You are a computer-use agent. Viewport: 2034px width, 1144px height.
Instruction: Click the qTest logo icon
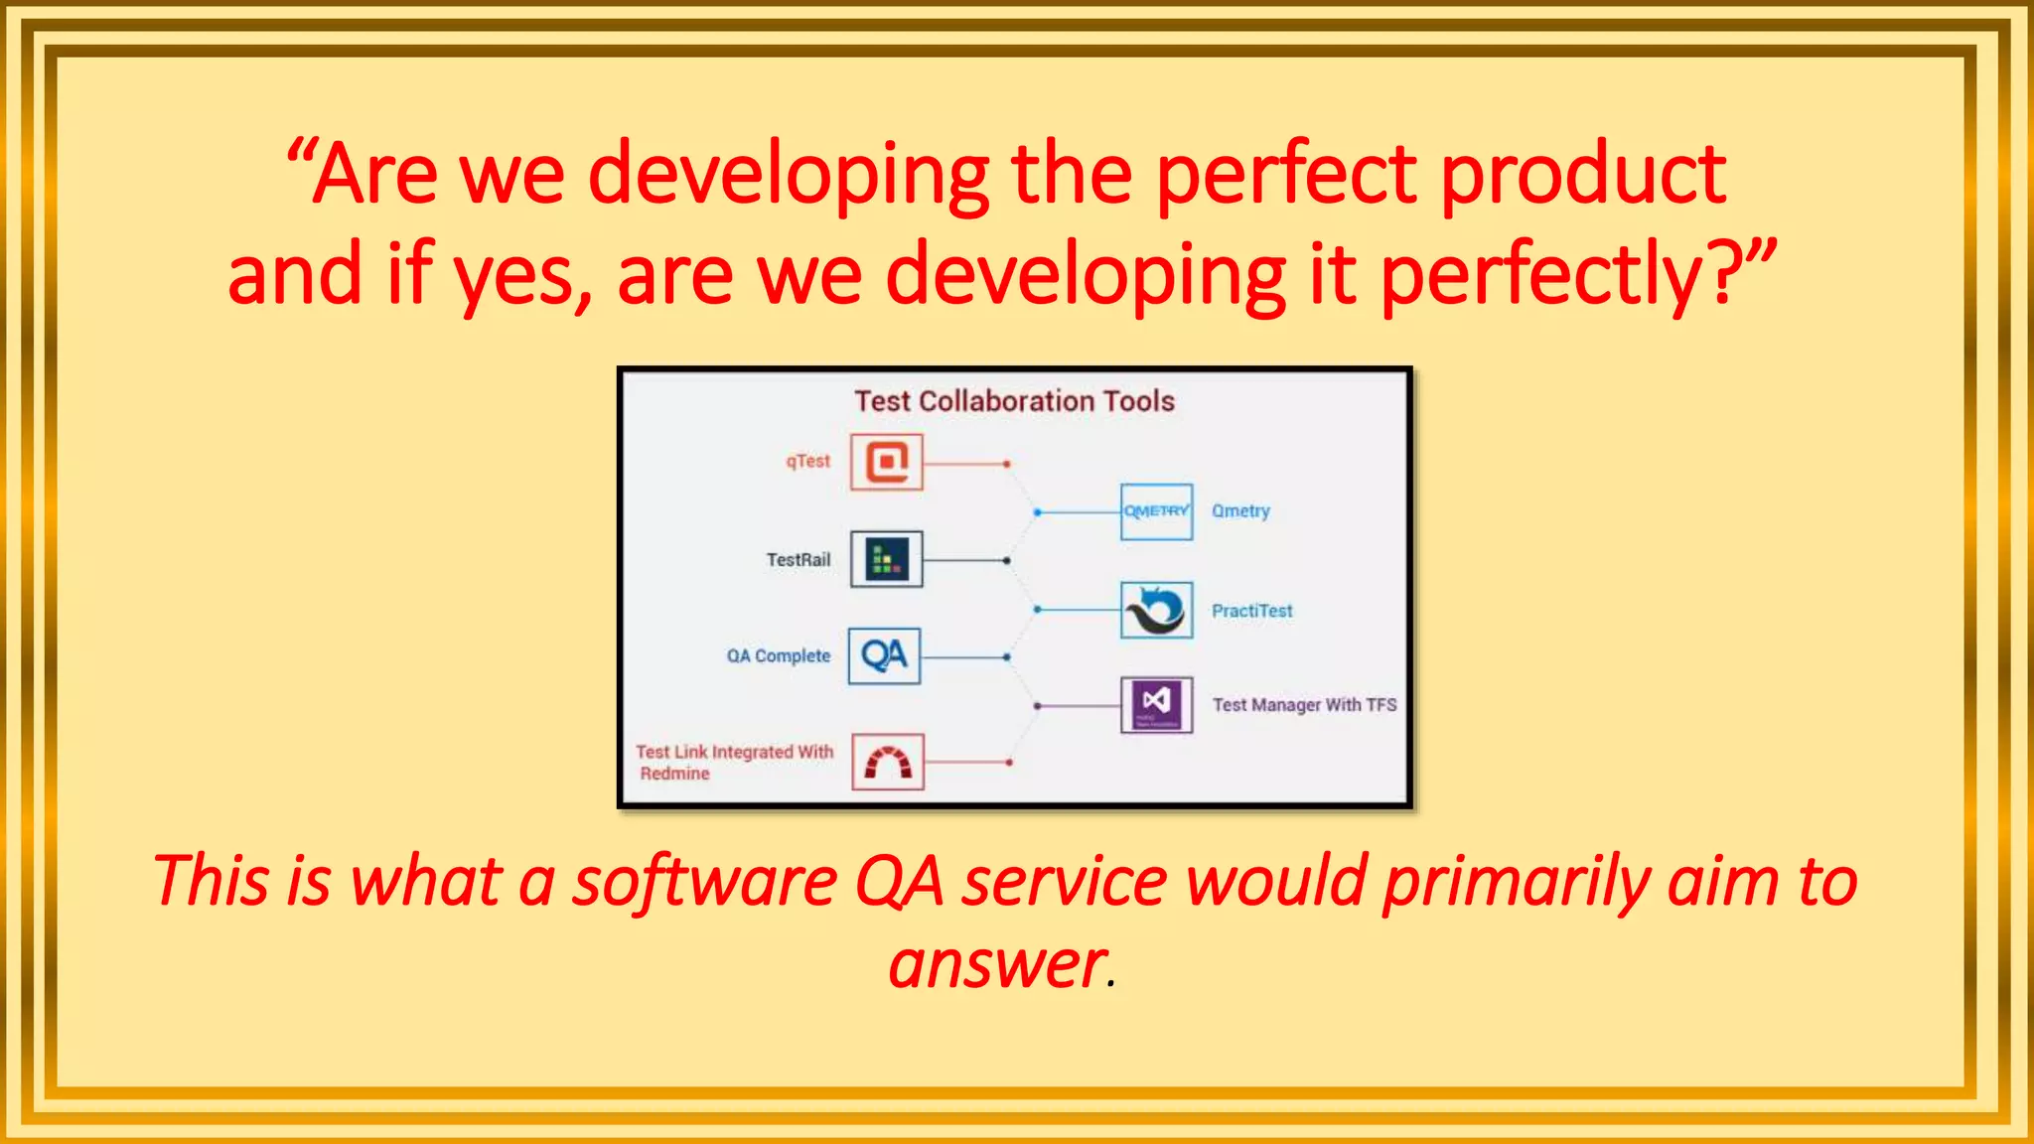[886, 462]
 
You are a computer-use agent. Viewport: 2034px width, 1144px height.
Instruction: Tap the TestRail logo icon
[886, 559]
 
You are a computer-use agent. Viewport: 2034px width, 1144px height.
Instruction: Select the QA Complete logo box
[884, 656]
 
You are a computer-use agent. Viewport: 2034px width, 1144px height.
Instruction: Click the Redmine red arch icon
[888, 763]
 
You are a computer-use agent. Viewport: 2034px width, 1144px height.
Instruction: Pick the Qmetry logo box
[1156, 511]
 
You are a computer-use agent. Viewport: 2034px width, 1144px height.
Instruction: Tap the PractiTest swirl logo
[1156, 610]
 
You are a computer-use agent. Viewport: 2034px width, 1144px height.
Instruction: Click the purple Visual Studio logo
[1156, 704]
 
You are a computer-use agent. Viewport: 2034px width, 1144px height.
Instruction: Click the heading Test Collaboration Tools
[1014, 401]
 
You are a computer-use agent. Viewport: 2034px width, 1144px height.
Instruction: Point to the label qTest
[807, 462]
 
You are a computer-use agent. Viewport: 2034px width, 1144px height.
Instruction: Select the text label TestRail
[798, 560]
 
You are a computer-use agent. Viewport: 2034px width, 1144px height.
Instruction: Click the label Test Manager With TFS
[1303, 705]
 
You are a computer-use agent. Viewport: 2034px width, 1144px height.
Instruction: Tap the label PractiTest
[1251, 611]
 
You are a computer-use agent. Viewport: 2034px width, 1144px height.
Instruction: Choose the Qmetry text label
[1240, 511]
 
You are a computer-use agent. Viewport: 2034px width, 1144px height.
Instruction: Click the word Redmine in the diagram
[674, 774]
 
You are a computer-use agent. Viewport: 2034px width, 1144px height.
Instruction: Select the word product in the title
[1583, 175]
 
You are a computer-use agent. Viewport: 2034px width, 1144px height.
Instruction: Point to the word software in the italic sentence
[704, 882]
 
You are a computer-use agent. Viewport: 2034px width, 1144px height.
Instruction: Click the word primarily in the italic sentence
[1516, 882]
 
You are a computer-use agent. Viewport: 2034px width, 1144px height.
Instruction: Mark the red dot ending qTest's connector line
[1006, 464]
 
